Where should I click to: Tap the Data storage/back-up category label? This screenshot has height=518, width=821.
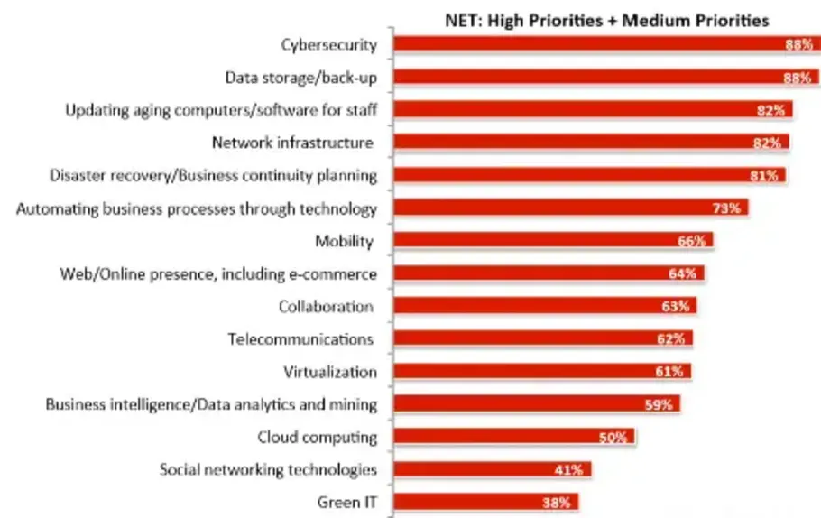[300, 78]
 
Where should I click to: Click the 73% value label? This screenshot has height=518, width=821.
[726, 208]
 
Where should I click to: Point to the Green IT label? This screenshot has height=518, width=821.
[346, 503]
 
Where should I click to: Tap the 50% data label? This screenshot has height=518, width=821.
[613, 438]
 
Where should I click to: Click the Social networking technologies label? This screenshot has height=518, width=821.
[268, 470]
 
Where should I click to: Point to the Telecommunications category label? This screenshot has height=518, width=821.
[300, 339]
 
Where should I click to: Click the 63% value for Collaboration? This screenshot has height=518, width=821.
[675, 307]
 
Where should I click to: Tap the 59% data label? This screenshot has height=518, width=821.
[659, 405]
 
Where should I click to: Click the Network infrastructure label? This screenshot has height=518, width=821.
[292, 143]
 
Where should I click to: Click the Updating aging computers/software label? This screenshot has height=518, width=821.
[220, 110]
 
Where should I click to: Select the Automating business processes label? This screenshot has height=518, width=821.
[197, 208]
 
